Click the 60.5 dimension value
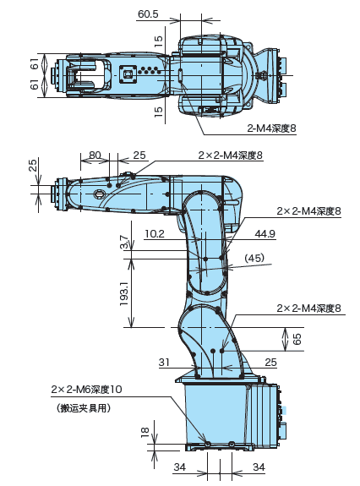point(148,14)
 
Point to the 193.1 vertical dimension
point(124,293)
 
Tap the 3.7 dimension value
point(124,243)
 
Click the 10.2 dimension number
point(155,233)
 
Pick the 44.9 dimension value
point(265,233)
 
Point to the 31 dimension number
point(165,362)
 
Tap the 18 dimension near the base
point(144,433)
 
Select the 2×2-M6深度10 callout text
point(87,390)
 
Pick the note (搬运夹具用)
point(84,407)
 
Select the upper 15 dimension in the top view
point(158,40)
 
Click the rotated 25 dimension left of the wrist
point(33,165)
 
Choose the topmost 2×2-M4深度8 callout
point(230,155)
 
